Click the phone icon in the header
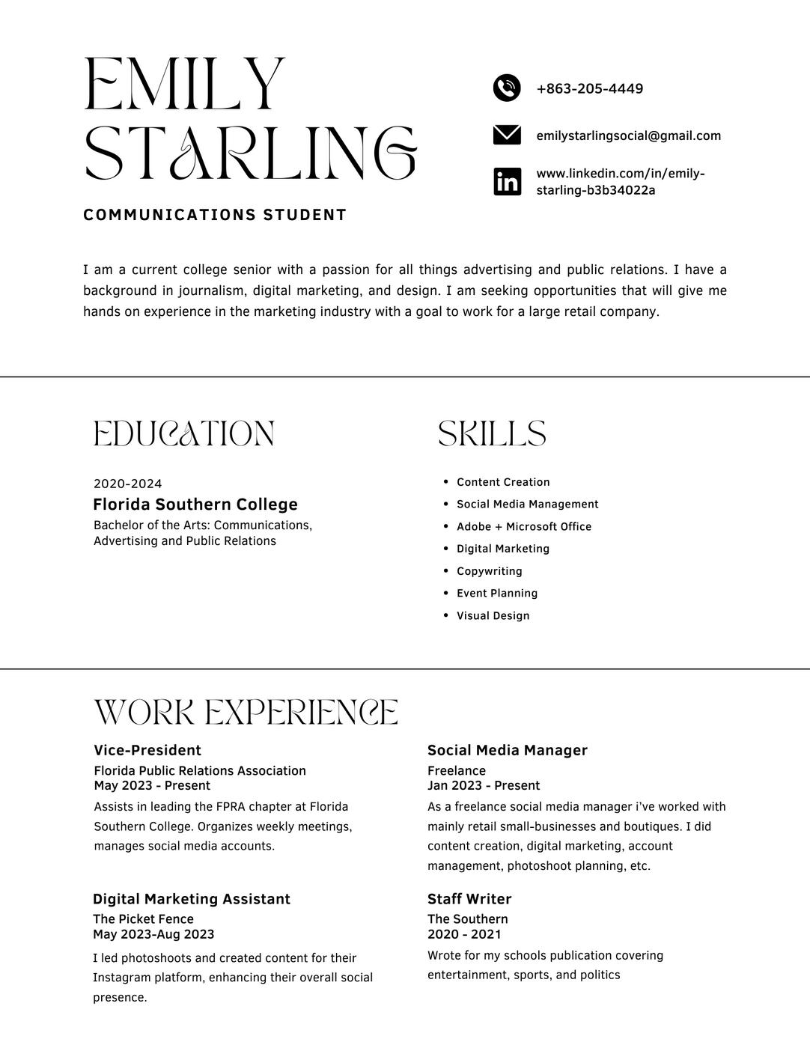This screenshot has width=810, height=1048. tap(507, 88)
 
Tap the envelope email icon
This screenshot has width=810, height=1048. tap(507, 135)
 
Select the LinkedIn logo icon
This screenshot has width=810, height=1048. tap(507, 182)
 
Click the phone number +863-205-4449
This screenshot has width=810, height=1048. tap(590, 89)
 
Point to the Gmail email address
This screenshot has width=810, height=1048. tap(629, 136)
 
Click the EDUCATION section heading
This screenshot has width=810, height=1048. tap(184, 434)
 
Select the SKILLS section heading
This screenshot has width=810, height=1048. tap(492, 434)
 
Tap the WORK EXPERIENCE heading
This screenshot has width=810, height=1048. tap(246, 713)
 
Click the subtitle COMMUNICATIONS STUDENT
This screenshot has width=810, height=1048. tap(215, 216)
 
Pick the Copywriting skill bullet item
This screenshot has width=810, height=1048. tap(490, 571)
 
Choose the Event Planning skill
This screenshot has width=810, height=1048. tap(497, 594)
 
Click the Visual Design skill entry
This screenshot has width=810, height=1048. tap(493, 616)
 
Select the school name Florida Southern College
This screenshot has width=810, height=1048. tap(195, 505)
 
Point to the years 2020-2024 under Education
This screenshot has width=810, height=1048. tap(128, 484)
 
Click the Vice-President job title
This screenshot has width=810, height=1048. tap(147, 751)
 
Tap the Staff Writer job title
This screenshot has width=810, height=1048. tap(469, 900)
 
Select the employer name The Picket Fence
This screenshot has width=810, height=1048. tap(143, 919)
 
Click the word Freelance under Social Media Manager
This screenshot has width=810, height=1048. tap(457, 771)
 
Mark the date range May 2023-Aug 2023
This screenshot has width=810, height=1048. tap(153, 935)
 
